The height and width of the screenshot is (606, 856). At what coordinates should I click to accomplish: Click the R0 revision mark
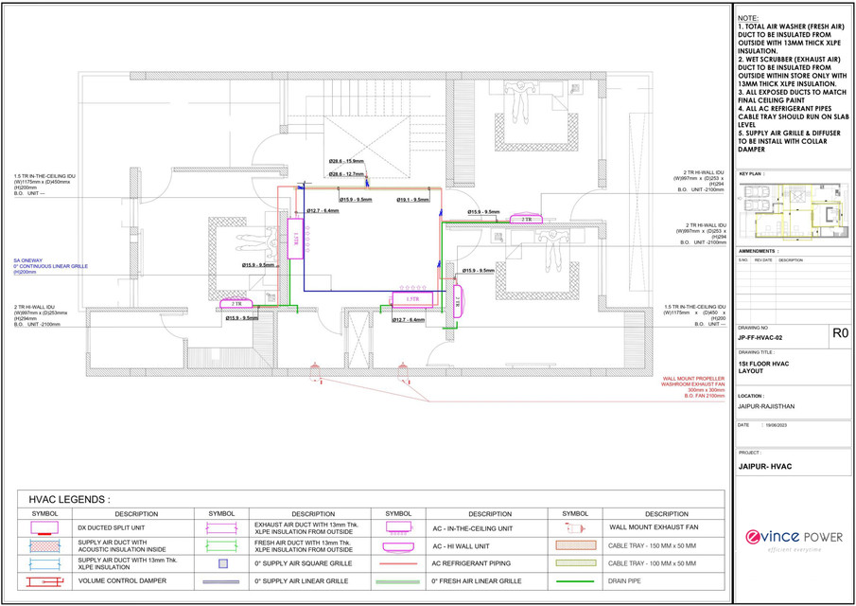(x=838, y=333)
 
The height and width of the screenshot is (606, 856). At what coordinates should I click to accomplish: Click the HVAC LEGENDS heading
(x=71, y=499)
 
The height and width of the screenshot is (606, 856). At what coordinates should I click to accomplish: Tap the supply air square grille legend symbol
(x=223, y=563)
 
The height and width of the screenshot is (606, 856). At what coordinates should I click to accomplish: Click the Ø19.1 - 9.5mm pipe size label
(x=413, y=200)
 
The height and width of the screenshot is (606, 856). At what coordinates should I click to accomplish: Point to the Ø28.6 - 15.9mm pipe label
(x=346, y=161)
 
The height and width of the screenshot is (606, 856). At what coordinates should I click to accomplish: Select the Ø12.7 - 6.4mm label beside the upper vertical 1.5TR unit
(x=323, y=211)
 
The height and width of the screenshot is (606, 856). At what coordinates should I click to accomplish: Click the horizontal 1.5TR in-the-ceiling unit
(x=411, y=298)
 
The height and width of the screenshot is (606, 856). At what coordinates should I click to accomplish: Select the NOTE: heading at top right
(x=749, y=18)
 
